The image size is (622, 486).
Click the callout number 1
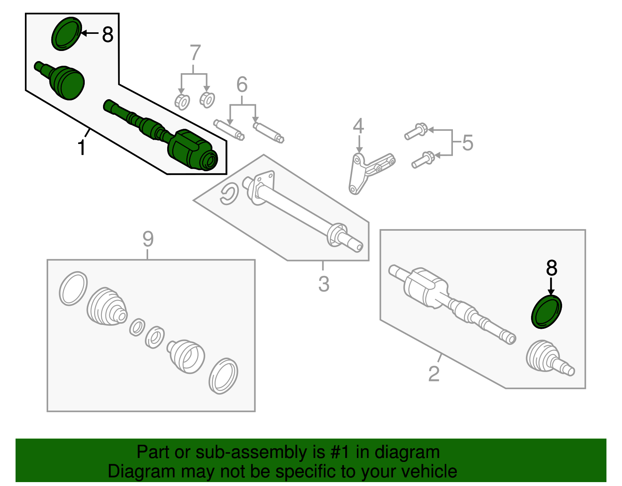[81, 148]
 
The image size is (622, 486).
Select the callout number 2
[434, 374]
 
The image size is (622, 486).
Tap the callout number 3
[323, 284]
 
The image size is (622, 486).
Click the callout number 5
[468, 142]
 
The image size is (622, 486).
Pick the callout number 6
[242, 84]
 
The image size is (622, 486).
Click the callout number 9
[148, 239]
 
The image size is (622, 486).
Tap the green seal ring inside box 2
[547, 312]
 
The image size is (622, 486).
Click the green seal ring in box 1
[66, 34]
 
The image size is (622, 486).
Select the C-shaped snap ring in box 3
[229, 194]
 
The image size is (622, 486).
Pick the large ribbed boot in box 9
[106, 307]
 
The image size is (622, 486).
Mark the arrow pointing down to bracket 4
[359, 144]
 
